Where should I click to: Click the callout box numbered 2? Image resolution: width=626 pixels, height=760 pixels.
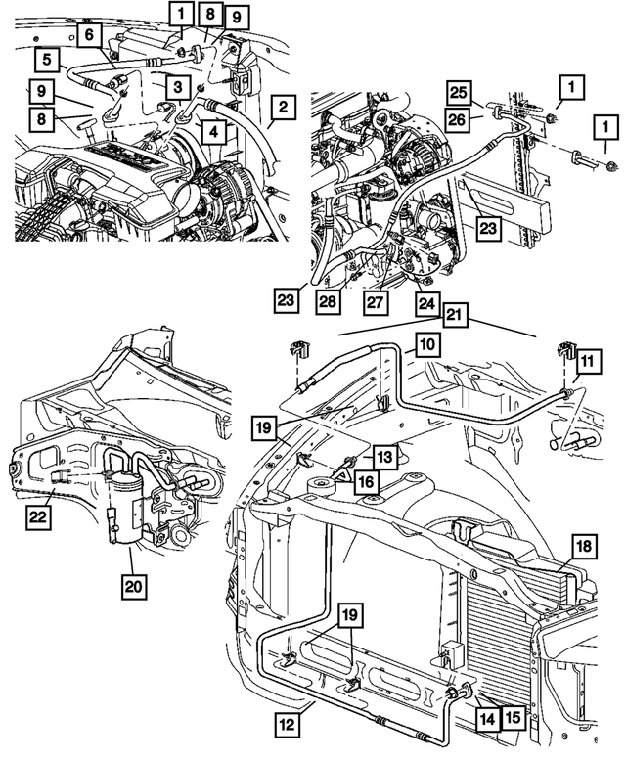[x=281, y=106]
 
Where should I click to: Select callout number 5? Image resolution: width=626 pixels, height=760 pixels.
[x=46, y=59]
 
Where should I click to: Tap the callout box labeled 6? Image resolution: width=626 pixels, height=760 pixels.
[x=89, y=35]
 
